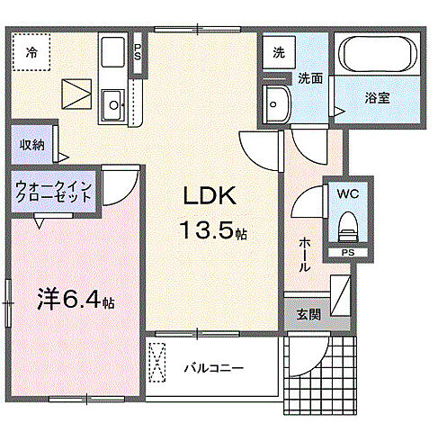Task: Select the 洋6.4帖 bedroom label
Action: tap(76, 297)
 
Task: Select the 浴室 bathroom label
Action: tap(377, 96)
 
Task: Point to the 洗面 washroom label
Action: tap(311, 77)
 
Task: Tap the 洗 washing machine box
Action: tap(280, 52)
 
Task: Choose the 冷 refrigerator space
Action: tap(31, 53)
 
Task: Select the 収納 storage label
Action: tap(31, 143)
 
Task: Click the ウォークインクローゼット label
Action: tap(52, 194)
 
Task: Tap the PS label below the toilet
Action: tap(347, 253)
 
